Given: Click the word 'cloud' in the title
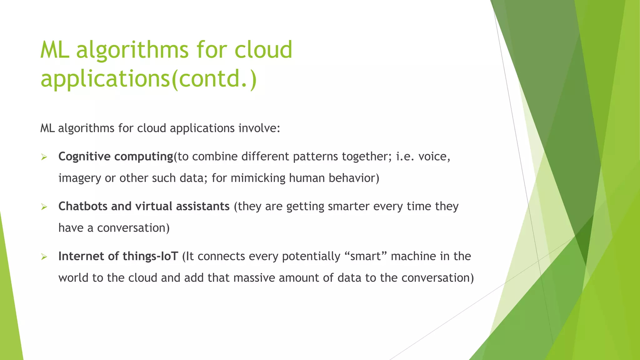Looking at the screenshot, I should tap(263, 50).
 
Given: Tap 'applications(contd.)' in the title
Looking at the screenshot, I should tap(148, 78).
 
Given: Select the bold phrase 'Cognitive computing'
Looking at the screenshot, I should tap(116, 156).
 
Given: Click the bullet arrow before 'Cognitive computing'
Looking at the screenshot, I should tap(44, 157).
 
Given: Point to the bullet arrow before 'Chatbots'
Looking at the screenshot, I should tap(44, 207).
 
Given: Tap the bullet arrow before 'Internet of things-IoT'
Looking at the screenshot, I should tap(44, 257).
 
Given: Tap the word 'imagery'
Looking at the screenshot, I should tap(80, 178).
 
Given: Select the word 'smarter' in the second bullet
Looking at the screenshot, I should tap(348, 206).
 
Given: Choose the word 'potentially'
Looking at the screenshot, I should tap(311, 256).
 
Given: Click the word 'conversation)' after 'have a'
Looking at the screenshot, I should tap(133, 228).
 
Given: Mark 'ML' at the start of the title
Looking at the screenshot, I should tap(55, 50).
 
